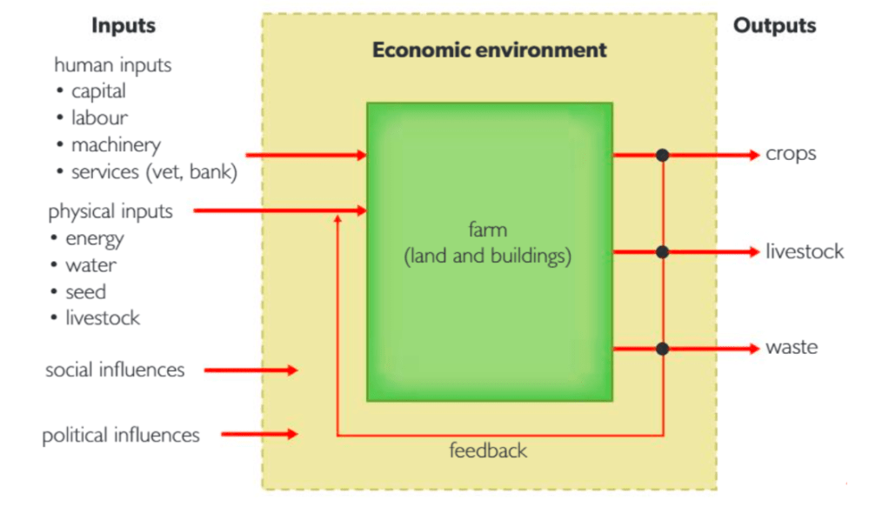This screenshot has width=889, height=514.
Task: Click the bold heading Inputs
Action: (123, 26)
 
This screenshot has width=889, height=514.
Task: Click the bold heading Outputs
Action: (774, 26)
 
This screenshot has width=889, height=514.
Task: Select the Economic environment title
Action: (489, 50)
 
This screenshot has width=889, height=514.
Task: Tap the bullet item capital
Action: (98, 91)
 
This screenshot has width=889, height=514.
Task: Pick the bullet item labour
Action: (99, 118)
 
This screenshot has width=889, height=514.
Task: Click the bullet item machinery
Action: (116, 145)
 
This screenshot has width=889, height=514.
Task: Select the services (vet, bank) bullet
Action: (153, 172)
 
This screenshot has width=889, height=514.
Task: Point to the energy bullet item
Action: (94, 238)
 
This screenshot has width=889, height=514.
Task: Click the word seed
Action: (85, 292)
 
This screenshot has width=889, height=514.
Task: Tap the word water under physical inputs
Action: (90, 265)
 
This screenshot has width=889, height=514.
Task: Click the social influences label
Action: (115, 370)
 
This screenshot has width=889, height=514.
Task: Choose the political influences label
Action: (121, 435)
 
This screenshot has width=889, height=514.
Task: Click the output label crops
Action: (791, 155)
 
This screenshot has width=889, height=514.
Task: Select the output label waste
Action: (792, 348)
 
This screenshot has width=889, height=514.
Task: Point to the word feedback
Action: (488, 451)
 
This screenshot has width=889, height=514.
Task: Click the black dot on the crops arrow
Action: (663, 155)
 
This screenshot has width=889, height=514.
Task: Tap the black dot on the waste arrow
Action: (663, 348)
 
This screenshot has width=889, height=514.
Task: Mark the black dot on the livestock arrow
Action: (663, 252)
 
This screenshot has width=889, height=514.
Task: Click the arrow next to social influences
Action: (251, 370)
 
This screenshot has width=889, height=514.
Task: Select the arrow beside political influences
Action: (259, 434)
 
